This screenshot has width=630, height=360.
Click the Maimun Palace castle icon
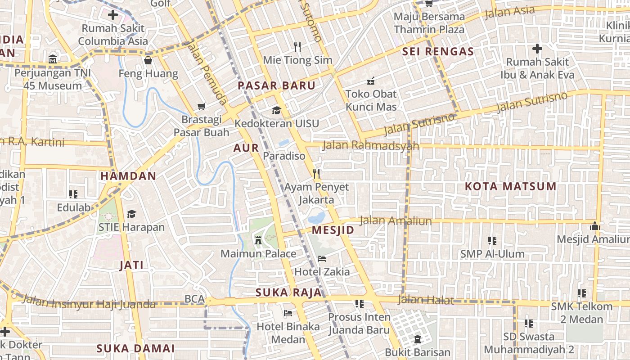pos(258,239)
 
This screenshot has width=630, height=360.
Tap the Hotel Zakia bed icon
pos(322,258)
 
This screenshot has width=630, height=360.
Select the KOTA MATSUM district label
pos(510,186)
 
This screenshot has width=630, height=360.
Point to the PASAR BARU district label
pos(276,85)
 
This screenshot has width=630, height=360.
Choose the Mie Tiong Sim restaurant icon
pos(297,46)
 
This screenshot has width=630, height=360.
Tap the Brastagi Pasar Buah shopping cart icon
pos(201,107)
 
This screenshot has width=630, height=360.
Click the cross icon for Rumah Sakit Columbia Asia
pos(113,15)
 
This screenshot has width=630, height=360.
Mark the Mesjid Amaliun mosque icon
pos(595,226)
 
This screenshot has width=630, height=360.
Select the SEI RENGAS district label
pos(438,51)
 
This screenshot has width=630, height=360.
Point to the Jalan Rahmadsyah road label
pos(371,145)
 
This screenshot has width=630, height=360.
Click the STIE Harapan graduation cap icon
pos(131,214)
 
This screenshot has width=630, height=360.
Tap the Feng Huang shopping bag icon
pos(148,60)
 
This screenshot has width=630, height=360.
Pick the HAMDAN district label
pos(128,176)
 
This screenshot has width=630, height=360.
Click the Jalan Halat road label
pos(426,300)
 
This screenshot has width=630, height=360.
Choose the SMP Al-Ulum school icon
pos(492,241)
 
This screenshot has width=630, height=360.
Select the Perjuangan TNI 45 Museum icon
pos(53,59)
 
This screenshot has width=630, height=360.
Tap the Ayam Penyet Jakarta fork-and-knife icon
pos(316,174)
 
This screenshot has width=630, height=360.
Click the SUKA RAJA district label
pos(288,292)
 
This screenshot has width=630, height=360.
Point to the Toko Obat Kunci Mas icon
pos(371,81)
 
